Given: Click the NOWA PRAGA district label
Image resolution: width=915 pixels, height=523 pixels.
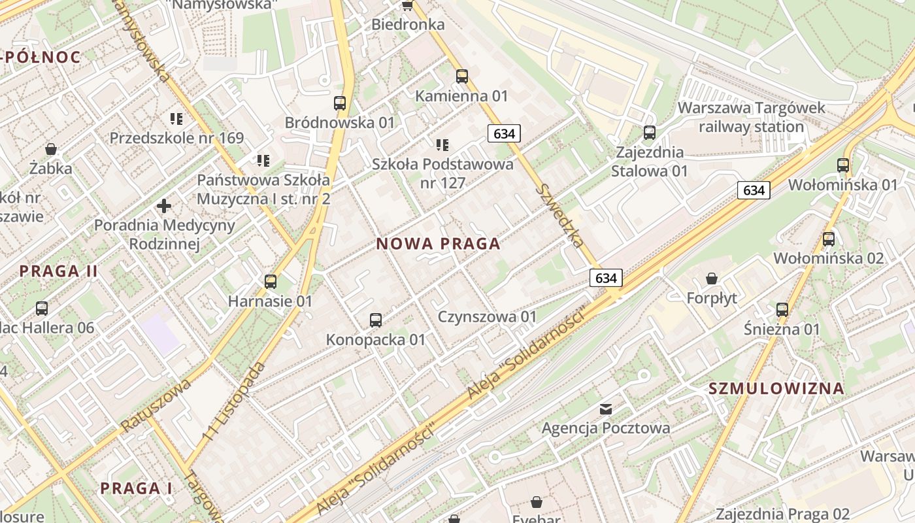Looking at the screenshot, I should (x=438, y=244).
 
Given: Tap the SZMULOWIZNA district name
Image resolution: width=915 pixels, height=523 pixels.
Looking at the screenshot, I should (x=776, y=388).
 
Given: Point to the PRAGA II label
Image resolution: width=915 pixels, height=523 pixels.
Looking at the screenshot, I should (x=58, y=271).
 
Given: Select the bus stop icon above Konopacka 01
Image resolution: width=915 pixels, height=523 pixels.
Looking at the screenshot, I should (x=375, y=320).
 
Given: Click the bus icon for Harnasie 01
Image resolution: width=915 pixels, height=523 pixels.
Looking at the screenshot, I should (x=271, y=282).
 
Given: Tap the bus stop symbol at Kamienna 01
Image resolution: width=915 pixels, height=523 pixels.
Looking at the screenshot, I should (x=462, y=76).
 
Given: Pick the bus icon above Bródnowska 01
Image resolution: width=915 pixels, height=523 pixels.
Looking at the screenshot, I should (x=340, y=103).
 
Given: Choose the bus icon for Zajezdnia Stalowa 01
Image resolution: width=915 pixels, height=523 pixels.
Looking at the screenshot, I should (x=649, y=133).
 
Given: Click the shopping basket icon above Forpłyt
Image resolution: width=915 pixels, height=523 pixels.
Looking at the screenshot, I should (x=712, y=278).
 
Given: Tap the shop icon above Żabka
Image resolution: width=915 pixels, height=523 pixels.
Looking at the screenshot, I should (x=50, y=149).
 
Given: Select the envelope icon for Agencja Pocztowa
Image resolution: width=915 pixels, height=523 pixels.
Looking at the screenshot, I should (x=606, y=409).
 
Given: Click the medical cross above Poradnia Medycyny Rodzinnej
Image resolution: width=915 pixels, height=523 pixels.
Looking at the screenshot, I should (x=164, y=207).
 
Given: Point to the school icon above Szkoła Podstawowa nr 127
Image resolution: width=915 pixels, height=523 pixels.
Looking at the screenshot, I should (x=442, y=144).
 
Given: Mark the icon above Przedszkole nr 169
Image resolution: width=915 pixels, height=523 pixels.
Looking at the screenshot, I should (x=176, y=118).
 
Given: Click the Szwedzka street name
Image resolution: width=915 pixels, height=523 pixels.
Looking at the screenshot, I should (x=559, y=216).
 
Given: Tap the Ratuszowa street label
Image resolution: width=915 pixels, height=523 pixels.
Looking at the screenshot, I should (x=155, y=405).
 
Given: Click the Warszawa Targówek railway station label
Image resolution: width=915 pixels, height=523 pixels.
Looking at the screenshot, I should (x=752, y=117).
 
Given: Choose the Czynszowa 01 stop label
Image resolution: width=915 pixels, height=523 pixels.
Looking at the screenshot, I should (x=487, y=317).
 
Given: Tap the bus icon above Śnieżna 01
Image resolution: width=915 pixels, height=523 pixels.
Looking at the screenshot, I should (x=782, y=309).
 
